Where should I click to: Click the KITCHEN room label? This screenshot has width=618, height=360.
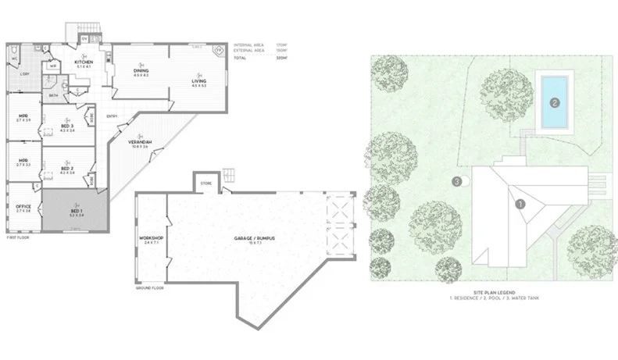point(84,61)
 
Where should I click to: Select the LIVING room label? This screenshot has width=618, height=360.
point(199,80)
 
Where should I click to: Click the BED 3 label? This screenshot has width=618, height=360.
point(67,127)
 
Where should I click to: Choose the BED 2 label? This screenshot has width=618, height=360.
point(67,168)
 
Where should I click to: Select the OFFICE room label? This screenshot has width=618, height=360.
point(23,206)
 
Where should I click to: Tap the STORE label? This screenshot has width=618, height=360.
point(205,184)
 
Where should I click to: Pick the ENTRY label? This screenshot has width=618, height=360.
point(122,117)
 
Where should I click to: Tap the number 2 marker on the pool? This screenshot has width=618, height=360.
point(554,102)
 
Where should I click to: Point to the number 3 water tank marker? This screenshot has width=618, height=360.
point(456,182)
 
